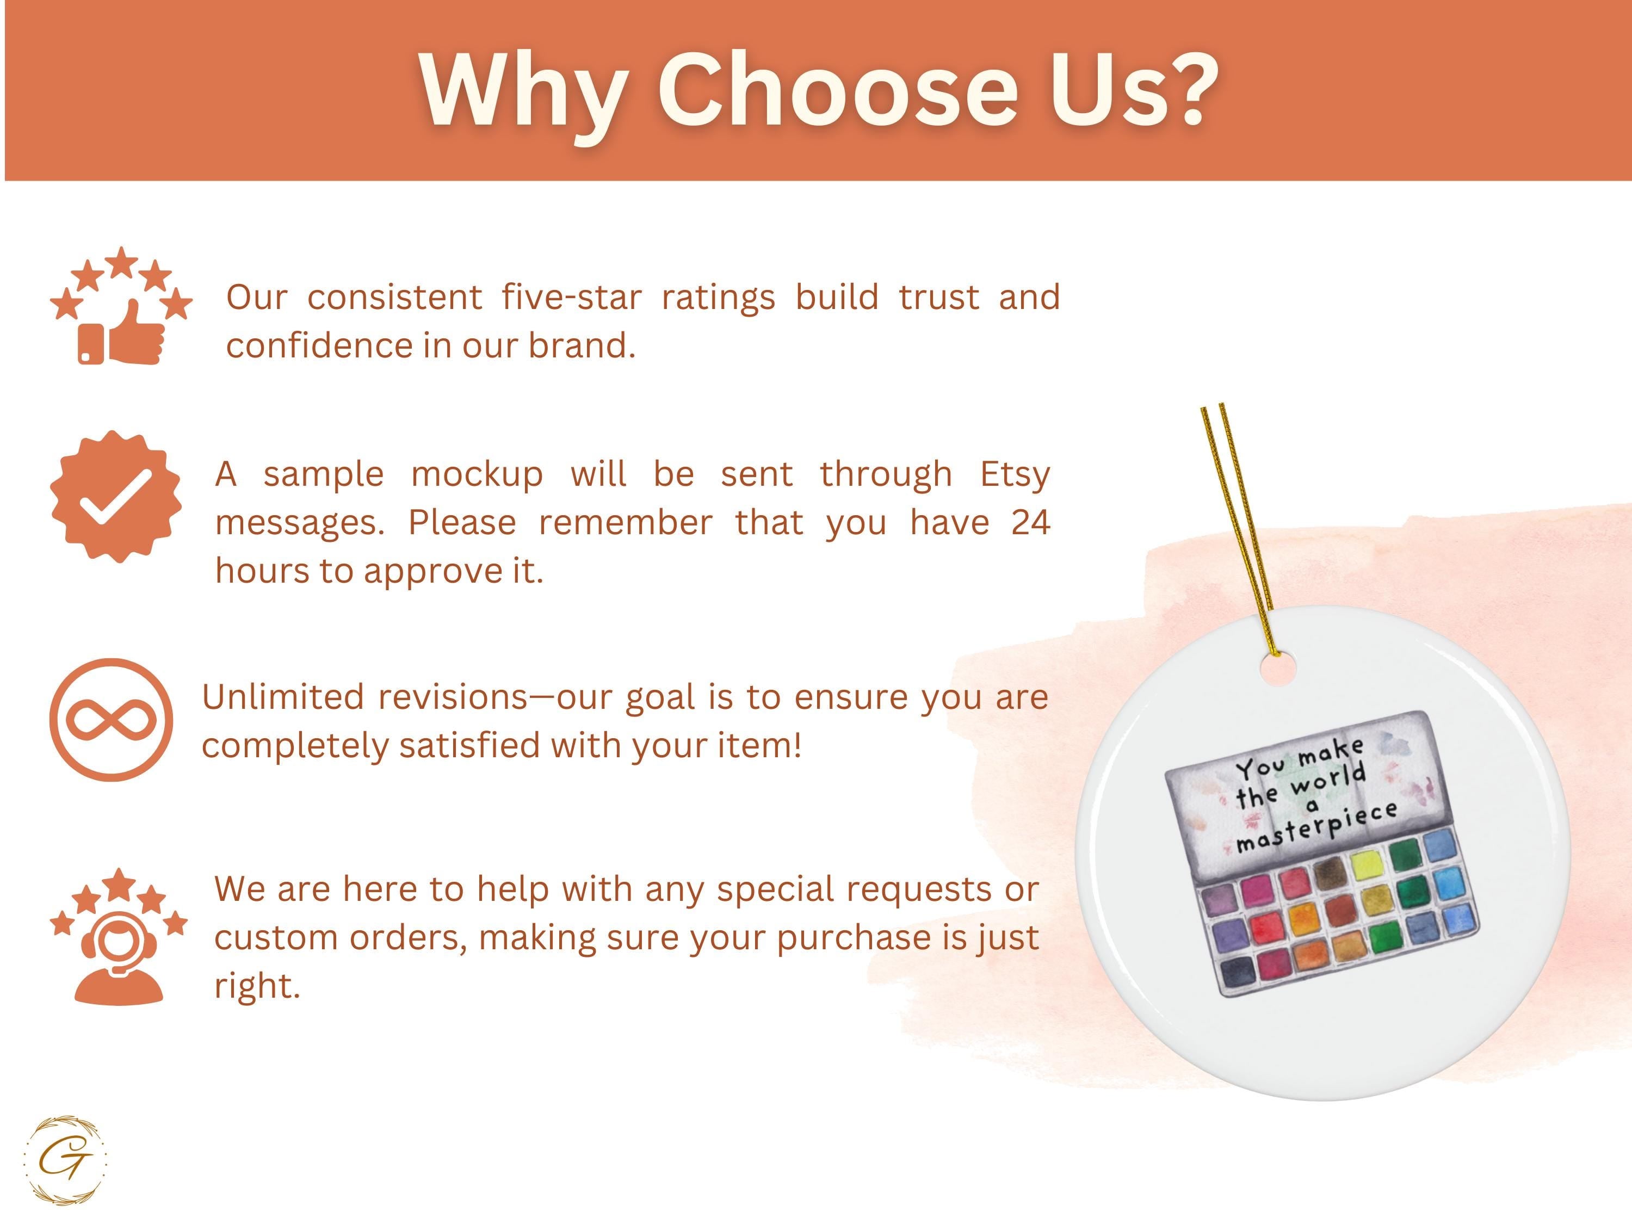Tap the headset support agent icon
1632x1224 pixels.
pos(119,936)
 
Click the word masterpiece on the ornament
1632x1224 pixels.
pos(1317,827)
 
